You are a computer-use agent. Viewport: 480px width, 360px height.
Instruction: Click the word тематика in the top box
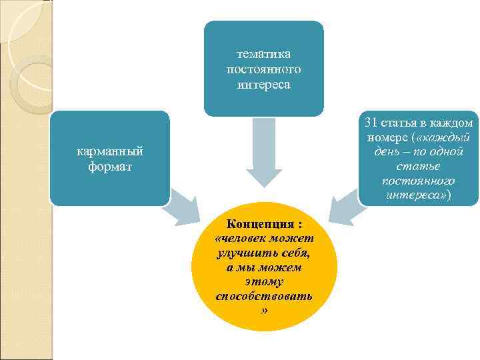click(263, 54)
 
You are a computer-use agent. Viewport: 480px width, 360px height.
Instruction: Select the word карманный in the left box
click(110, 151)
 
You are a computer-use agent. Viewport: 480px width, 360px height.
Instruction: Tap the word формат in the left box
click(110, 165)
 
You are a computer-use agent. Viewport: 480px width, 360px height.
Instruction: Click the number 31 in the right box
click(371, 123)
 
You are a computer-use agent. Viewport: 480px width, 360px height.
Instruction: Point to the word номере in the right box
click(387, 137)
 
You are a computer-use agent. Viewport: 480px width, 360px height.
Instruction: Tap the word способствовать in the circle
click(264, 295)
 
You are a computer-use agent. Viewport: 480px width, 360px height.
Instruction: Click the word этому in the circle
click(264, 281)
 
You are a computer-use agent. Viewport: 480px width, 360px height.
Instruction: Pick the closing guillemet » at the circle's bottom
click(264, 310)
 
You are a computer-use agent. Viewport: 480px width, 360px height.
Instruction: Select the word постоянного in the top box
click(263, 69)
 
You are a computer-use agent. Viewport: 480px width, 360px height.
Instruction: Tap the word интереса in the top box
click(263, 85)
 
